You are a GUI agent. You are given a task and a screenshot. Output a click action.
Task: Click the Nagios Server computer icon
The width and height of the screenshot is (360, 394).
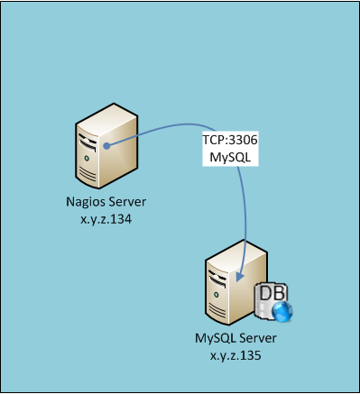point(106,146)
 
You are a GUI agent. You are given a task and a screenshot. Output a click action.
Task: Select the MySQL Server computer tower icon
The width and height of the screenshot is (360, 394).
point(236,282)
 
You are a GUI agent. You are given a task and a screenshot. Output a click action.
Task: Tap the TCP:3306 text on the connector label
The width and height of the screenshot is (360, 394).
point(230,140)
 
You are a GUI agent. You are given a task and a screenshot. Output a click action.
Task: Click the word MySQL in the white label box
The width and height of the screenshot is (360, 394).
point(230,157)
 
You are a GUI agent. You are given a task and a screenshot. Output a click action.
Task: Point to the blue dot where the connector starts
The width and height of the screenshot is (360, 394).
point(106,146)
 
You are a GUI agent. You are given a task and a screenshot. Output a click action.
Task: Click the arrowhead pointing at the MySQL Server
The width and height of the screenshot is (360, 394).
point(240,277)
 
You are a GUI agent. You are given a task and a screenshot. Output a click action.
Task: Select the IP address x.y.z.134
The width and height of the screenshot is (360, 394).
point(106,219)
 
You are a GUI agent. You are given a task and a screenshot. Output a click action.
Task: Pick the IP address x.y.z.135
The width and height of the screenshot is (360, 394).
point(235,356)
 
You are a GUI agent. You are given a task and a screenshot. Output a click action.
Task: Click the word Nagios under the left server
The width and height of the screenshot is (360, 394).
point(85,202)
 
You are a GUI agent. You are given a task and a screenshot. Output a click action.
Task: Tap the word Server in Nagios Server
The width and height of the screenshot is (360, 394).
point(127,202)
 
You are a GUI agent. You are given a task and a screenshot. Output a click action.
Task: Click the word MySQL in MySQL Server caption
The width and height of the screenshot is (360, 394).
point(215,338)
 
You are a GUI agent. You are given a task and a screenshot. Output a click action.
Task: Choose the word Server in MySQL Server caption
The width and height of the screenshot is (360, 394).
point(257,338)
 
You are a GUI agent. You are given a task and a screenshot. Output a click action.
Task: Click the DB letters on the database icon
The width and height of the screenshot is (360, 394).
point(272,293)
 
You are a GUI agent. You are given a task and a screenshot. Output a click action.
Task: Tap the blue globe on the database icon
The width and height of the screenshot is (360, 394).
point(282,312)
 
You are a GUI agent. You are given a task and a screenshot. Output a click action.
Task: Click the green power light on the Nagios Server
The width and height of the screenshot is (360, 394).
point(87,158)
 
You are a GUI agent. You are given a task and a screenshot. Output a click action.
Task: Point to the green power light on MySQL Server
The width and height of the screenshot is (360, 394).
point(217,295)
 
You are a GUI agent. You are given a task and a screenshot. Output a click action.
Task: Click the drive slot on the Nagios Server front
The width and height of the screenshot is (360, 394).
point(88,142)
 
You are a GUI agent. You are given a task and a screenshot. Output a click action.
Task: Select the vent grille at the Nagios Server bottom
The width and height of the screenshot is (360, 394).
point(88,174)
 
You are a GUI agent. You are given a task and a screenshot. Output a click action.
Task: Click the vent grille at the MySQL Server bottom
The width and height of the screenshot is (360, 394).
point(217,311)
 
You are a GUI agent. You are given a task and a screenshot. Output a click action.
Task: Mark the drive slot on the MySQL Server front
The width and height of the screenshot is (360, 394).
point(217,279)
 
